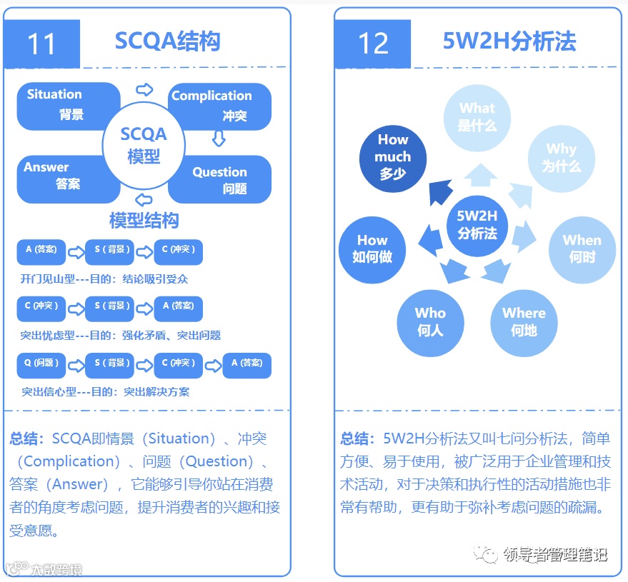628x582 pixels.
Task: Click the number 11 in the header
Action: tap(41, 44)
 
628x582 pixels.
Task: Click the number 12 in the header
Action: tap(372, 44)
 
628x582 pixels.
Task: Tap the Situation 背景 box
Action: tap(61, 105)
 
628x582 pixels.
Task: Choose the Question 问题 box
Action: tap(227, 179)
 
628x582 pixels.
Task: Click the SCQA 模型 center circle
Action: tap(144, 144)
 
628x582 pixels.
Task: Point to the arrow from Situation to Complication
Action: tap(144, 89)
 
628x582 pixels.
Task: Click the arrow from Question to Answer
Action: tap(144, 199)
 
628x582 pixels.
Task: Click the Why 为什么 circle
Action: tap(561, 158)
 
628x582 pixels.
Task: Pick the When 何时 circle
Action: tap(582, 248)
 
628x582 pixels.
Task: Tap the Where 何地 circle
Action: tap(524, 321)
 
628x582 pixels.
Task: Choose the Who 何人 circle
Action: tap(430, 321)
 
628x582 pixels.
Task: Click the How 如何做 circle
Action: tap(372, 249)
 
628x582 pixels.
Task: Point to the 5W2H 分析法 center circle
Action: tap(477, 224)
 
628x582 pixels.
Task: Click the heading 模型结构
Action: tap(144, 220)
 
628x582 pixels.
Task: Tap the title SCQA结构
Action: tap(167, 41)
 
